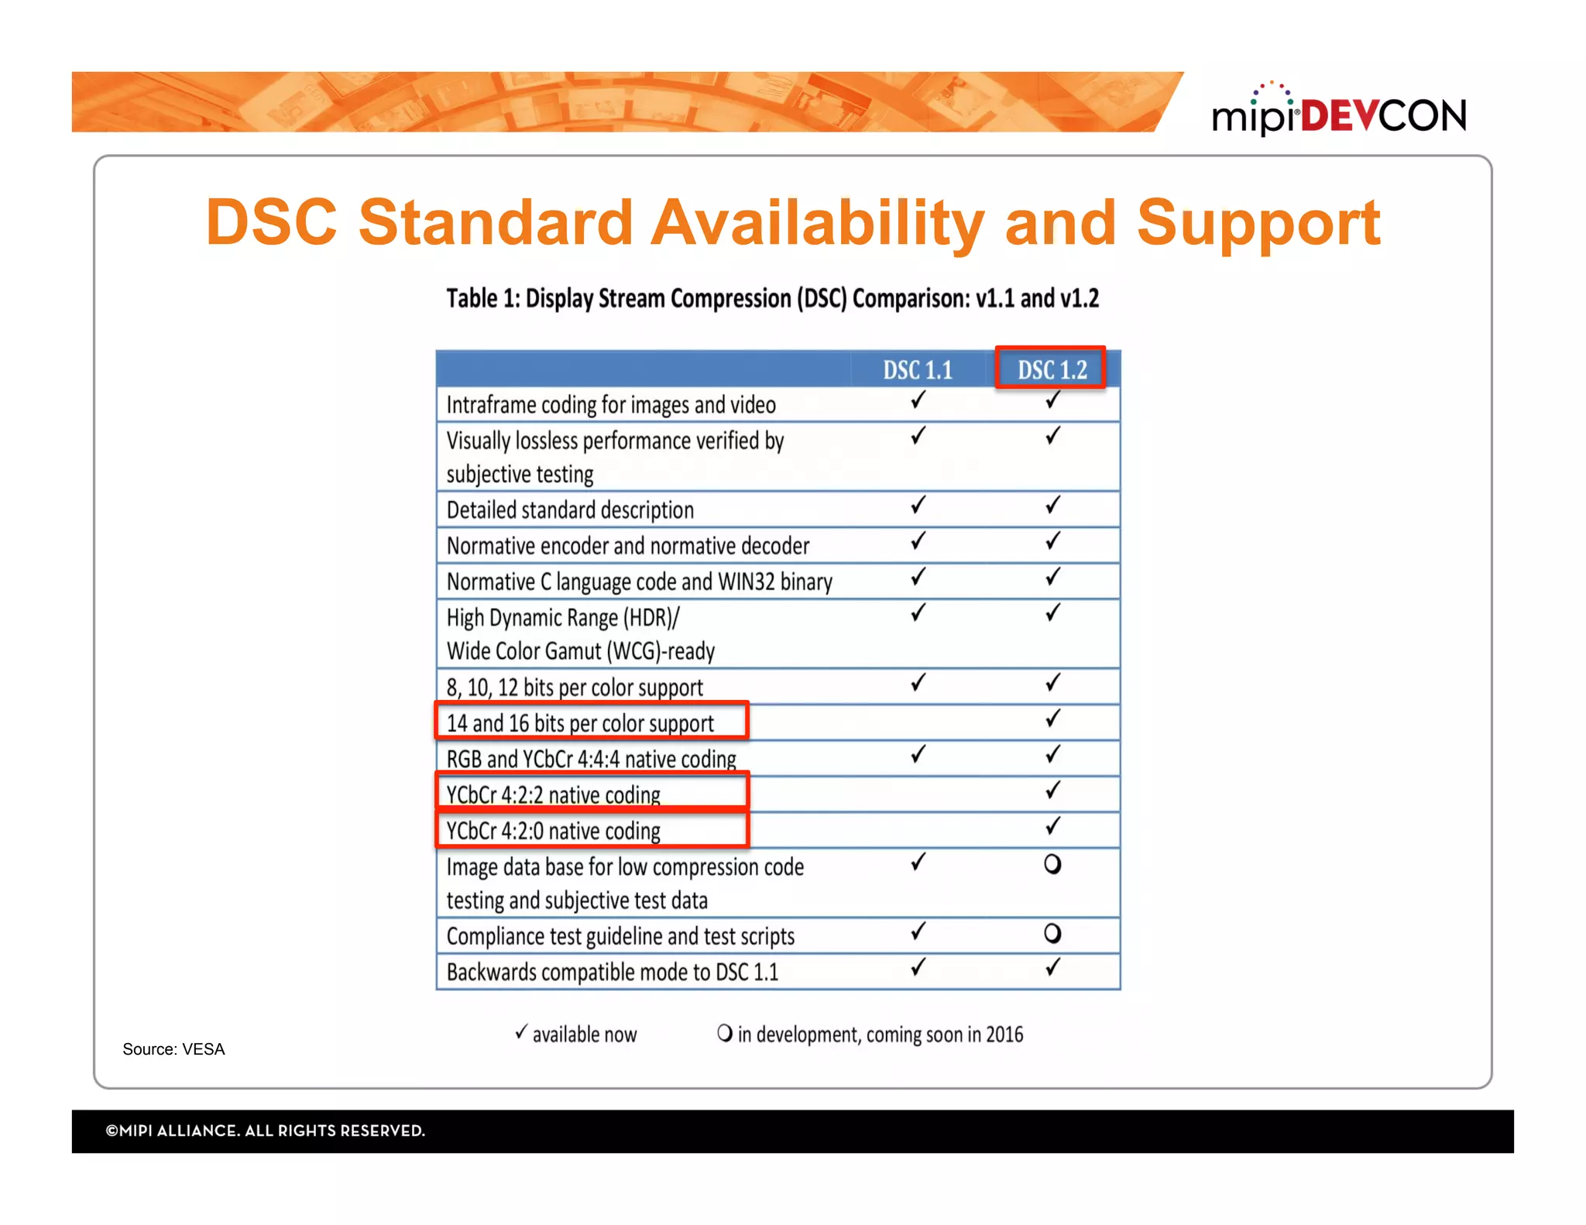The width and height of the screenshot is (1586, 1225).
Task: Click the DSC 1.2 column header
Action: [x=1051, y=369]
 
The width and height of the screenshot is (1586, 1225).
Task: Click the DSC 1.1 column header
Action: [x=918, y=369]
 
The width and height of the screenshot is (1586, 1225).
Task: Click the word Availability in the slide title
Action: [x=817, y=222]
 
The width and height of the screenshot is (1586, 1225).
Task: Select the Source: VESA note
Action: [x=173, y=1049]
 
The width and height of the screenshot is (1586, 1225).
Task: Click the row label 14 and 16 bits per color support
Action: [x=580, y=723]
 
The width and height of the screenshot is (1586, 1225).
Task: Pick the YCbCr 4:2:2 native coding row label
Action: [x=553, y=794]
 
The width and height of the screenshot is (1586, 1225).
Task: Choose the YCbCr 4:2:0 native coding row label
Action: [x=553, y=831]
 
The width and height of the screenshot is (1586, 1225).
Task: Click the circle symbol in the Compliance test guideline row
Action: [x=1052, y=933]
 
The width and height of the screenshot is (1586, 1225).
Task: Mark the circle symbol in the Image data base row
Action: [x=1052, y=863]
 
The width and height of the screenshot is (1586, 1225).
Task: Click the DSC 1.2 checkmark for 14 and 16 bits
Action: [x=1052, y=719]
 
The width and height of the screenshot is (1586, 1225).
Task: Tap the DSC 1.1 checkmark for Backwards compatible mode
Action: [x=918, y=967]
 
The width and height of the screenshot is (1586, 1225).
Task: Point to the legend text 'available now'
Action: [x=584, y=1035]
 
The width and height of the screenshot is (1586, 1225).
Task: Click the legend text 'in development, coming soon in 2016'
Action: [x=880, y=1035]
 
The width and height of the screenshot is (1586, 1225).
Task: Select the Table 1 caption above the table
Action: [x=772, y=298]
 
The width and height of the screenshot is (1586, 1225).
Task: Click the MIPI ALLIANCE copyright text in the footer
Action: [x=266, y=1131]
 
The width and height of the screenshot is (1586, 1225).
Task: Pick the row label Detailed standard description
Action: [x=570, y=510]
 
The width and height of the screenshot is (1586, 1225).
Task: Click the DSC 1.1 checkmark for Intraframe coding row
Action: [x=918, y=400]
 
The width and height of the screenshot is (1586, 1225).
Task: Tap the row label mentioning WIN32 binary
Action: [x=639, y=582]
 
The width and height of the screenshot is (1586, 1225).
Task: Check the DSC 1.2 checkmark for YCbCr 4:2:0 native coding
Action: [x=1052, y=826]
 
